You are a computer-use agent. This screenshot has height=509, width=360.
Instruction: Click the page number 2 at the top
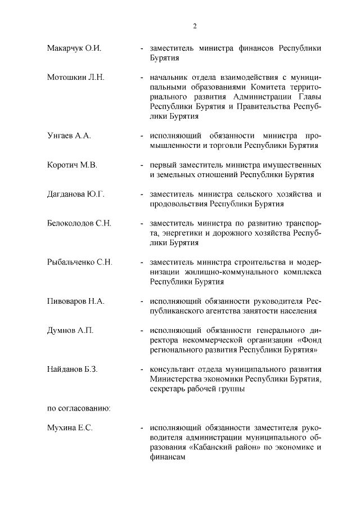point(195,26)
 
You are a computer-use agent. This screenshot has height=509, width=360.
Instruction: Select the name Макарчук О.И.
point(74,48)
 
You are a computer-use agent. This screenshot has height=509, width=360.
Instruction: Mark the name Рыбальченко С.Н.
point(80,262)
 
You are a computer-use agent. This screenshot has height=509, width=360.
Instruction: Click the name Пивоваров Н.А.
point(75,301)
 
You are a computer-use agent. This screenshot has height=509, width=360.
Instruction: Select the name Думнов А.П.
point(70,330)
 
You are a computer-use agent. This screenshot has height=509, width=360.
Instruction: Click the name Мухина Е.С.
point(69,429)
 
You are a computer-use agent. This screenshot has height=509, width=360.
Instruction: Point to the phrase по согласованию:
point(78,408)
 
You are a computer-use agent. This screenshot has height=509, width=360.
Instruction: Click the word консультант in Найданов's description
point(170,369)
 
